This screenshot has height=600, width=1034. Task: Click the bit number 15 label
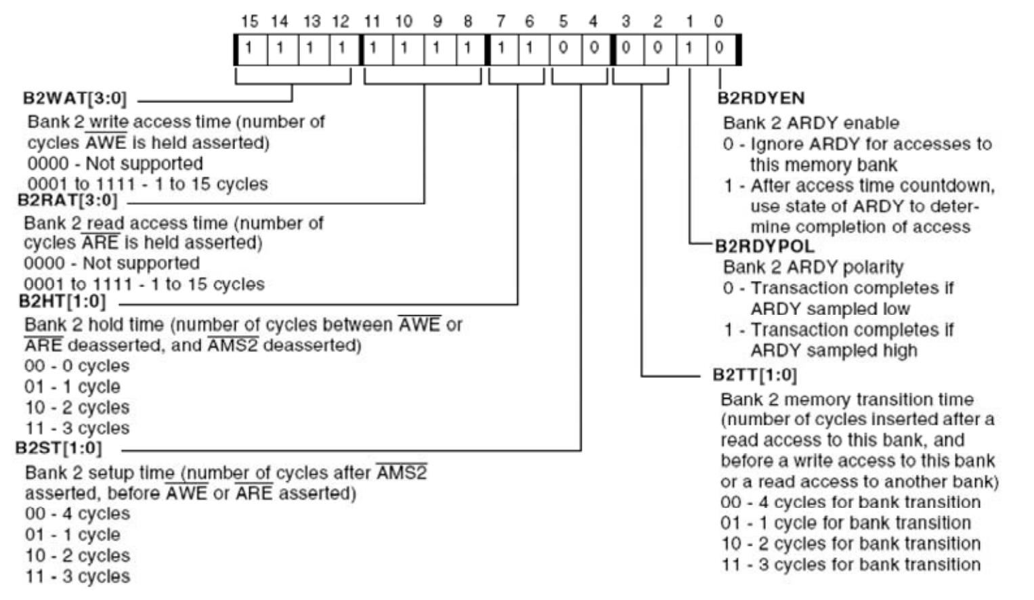tap(249, 22)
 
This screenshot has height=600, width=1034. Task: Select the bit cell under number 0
tap(719, 49)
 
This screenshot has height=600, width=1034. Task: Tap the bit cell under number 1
tap(689, 49)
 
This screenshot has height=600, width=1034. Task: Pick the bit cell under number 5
tap(563, 49)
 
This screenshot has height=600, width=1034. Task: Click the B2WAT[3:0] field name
tap(74, 98)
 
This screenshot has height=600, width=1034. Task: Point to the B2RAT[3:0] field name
tap(68, 200)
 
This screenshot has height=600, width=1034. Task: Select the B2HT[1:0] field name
tap(62, 301)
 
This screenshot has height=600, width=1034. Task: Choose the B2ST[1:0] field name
tap(59, 448)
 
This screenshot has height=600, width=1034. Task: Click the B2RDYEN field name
tap(761, 99)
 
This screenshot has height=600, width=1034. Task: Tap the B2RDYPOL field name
tap(765, 247)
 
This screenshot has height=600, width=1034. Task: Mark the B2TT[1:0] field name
tap(754, 375)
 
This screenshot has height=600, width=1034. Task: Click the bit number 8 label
tap(468, 22)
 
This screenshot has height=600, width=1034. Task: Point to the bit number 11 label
tap(372, 22)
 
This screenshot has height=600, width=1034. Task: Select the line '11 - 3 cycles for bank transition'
tap(850, 565)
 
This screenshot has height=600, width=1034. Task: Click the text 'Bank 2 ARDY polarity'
tap(813, 267)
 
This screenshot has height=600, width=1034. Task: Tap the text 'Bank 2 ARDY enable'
tap(811, 123)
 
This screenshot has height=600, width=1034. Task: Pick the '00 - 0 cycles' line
tap(77, 366)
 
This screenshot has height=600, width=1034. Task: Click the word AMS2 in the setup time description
tap(402, 473)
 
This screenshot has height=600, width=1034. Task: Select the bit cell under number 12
tap(342, 49)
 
